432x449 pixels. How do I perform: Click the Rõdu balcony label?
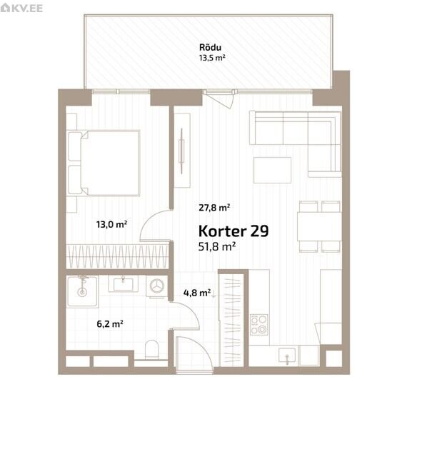pyautogui.click(x=210, y=47)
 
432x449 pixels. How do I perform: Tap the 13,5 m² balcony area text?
pyautogui.click(x=212, y=58)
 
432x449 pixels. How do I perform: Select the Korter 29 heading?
pyautogui.click(x=233, y=231)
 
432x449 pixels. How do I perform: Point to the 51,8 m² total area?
pyautogui.click(x=217, y=246)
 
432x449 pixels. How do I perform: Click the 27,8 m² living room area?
pyautogui.click(x=214, y=207)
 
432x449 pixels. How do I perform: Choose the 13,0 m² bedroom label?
pyautogui.click(x=111, y=224)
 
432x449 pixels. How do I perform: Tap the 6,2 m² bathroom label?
pyautogui.click(x=110, y=324)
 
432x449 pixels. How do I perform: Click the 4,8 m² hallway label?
pyautogui.click(x=197, y=293)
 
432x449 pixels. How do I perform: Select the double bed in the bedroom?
pyautogui.click(x=104, y=163)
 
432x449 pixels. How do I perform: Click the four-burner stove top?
pyautogui.click(x=259, y=325)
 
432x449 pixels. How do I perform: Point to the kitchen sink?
pyautogui.click(x=287, y=355)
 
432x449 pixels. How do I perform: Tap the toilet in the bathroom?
pyautogui.click(x=151, y=349)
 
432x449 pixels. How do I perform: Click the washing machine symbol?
pyautogui.click(x=156, y=286)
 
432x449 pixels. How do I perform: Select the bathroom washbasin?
pyautogui.click(x=124, y=284)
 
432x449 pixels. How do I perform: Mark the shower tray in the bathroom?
pyautogui.click(x=83, y=291)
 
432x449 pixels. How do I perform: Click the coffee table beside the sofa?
pyautogui.click(x=273, y=170)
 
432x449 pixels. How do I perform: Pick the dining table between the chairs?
pyautogui.click(x=319, y=226)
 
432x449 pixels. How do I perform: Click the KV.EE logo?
pyautogui.click(x=21, y=8)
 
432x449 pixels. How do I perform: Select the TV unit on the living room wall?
pyautogui.click(x=182, y=151)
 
